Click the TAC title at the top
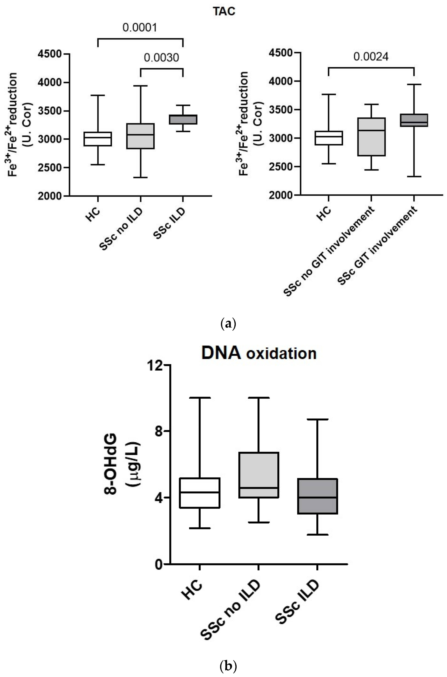coord(224,11)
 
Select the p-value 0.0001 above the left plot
coord(140,28)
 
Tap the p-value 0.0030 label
coord(161,58)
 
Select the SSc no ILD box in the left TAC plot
coord(140,136)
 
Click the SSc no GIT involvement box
coord(371,137)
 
